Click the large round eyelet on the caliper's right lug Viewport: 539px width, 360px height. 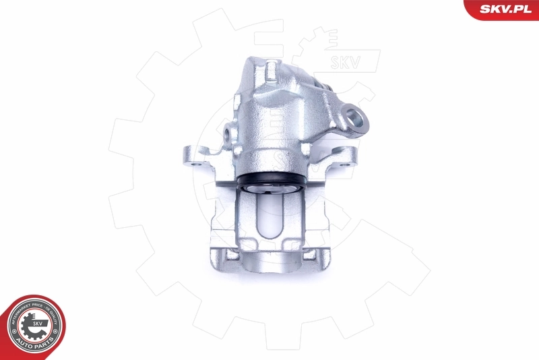[x=358, y=119]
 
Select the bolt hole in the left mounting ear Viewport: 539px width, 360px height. [x=195, y=162]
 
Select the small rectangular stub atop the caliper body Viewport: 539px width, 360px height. [x=271, y=68]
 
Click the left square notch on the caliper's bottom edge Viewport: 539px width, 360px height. [x=229, y=256]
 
